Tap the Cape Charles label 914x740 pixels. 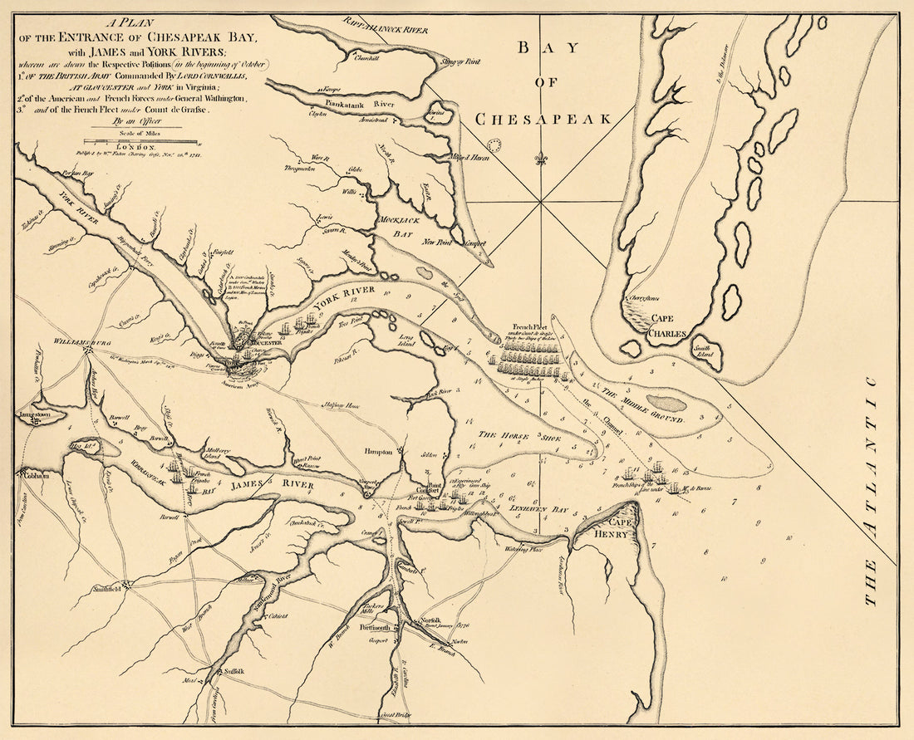[x=668, y=326]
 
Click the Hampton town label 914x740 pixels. [x=377, y=451]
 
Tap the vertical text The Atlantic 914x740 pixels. [x=870, y=490]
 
